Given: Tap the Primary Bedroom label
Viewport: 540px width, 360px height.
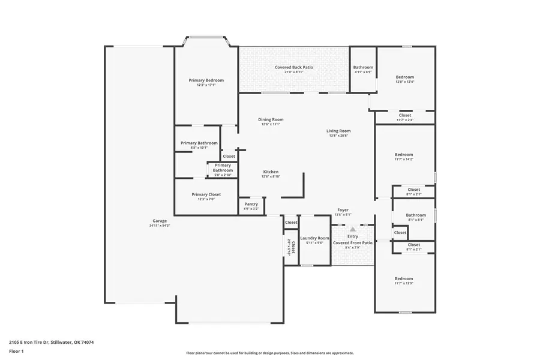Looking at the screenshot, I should pos(206,80).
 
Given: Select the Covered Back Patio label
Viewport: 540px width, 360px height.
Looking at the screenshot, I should pos(294,68).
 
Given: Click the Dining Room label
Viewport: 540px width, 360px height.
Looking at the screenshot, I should pos(271,119).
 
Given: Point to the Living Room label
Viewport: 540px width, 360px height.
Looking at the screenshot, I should pos(338,131).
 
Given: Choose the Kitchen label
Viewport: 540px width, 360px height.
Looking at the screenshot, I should pos(270,172).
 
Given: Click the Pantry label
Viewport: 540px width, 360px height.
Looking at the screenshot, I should pos(251,204).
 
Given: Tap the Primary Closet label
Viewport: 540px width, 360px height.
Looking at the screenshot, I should pos(206,194).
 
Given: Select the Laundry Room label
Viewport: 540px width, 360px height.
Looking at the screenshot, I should pos(315,238).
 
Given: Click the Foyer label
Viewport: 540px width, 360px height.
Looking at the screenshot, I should pos(343,210).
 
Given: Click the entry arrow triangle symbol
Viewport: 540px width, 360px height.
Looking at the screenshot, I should pos(353,229).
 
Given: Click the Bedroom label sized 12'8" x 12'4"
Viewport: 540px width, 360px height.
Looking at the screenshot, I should pos(404,77).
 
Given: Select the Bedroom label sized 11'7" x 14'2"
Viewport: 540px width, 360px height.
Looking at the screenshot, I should pos(404,155).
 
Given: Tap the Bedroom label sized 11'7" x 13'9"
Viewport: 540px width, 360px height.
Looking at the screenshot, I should pos(404,278).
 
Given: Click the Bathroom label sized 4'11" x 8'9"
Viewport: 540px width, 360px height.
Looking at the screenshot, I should pos(363,67).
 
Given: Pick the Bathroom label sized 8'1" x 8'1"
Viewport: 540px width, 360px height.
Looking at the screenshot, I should pos(416,215).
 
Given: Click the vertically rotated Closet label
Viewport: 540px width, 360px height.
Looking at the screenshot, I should pos(293,247).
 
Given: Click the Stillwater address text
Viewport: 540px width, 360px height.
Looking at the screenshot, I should pos(51,342).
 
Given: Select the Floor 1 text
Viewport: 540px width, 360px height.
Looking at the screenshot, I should pos(16,352).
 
